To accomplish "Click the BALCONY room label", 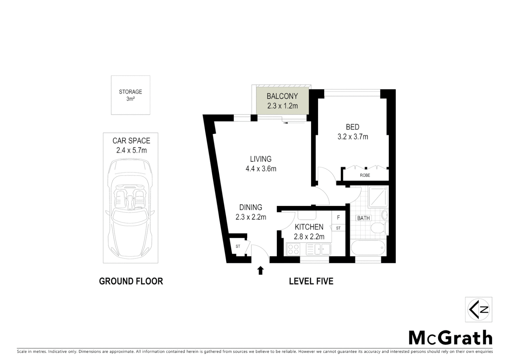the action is (x=282, y=96).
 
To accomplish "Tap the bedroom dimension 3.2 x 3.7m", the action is (x=352, y=137).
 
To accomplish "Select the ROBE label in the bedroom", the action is (x=365, y=175).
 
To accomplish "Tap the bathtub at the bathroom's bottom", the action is (x=368, y=248).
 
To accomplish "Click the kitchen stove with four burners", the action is (x=293, y=250).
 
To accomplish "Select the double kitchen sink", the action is (x=318, y=249).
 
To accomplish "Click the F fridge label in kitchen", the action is (x=338, y=218).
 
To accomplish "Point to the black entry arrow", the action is (x=260, y=270).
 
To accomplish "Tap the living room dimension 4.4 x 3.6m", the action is (x=261, y=169).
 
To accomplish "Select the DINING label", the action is (x=251, y=207).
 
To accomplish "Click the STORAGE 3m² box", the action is (x=131, y=95).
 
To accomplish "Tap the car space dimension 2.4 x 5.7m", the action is (x=131, y=150).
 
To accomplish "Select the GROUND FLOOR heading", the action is (x=131, y=281).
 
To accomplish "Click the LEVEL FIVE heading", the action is (x=311, y=281).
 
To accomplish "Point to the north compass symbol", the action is (x=478, y=309).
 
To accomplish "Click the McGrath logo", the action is (x=450, y=338).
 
